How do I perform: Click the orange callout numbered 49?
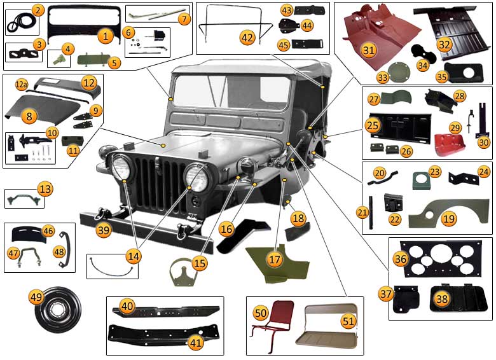point(36,296)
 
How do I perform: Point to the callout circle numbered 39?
point(103,230)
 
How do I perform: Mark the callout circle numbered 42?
point(247,38)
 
